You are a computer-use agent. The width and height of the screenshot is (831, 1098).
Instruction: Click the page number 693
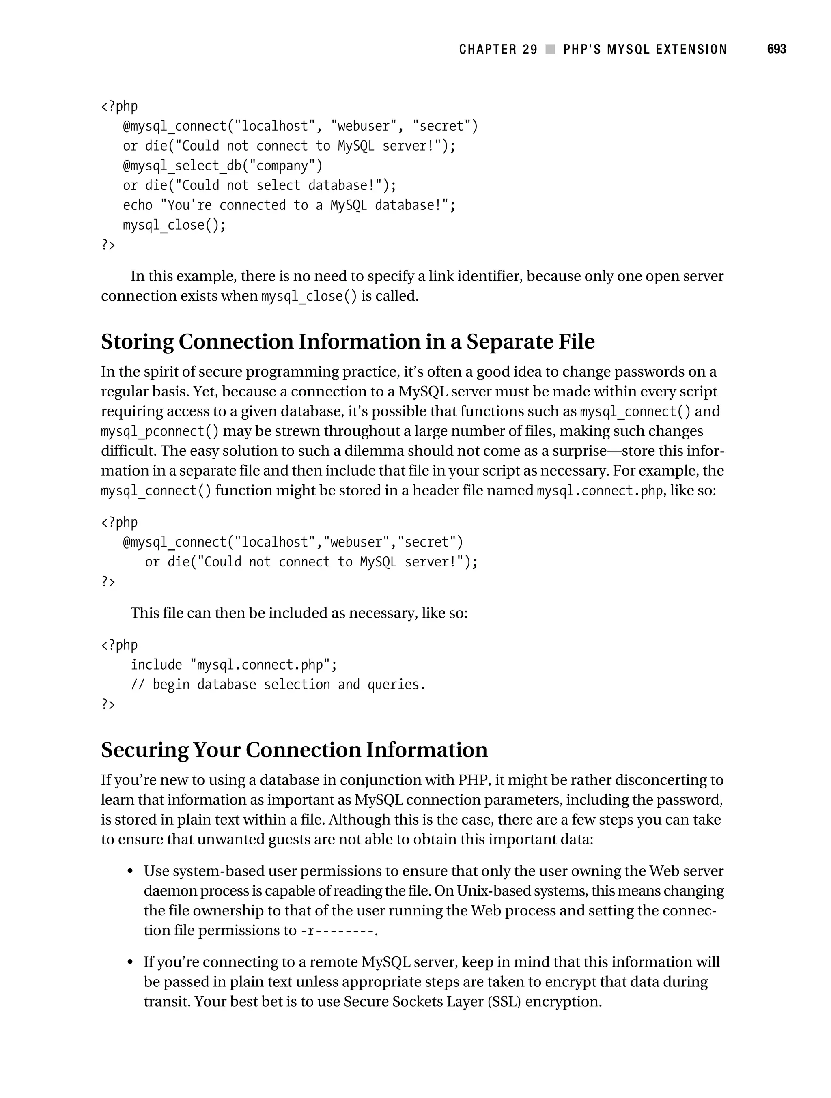[x=776, y=49]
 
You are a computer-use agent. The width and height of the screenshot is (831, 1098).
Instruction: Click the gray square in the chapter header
[x=550, y=49]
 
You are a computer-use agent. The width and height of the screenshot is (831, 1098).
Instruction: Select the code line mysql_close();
[x=174, y=225]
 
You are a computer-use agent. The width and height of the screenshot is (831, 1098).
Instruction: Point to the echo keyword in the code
[x=138, y=205]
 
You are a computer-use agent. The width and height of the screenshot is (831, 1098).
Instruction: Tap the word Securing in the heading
[x=144, y=749]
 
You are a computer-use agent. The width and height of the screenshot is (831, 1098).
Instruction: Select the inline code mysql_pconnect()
[x=159, y=431]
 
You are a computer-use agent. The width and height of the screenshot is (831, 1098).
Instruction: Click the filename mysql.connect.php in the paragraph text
[x=600, y=491]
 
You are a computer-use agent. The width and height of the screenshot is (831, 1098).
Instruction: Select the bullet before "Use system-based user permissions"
[x=130, y=872]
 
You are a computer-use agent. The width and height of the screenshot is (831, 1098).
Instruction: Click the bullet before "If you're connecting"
[x=130, y=962]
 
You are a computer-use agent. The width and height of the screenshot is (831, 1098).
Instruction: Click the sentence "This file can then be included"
[x=299, y=613]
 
